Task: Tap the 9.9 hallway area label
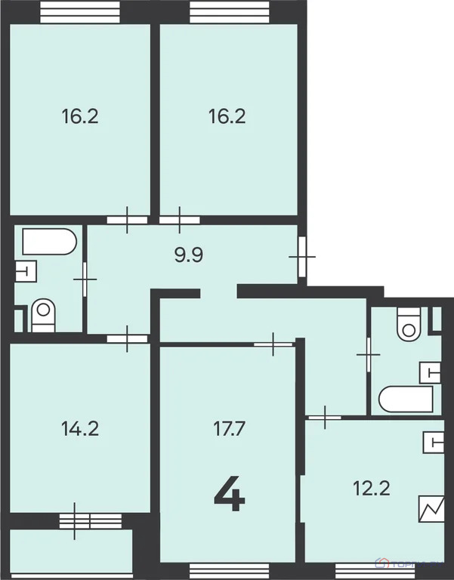click(x=190, y=255)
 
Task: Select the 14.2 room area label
click(x=80, y=429)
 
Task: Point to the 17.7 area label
click(x=227, y=429)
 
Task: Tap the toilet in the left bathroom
click(x=43, y=316)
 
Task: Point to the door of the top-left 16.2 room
click(x=127, y=221)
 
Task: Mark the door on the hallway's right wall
click(x=302, y=257)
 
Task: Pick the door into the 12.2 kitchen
click(x=324, y=416)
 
